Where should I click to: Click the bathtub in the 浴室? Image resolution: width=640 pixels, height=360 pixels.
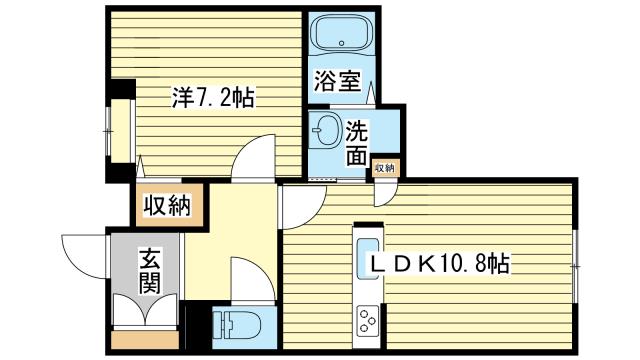tap(341, 35)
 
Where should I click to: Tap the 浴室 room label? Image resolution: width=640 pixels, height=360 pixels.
tap(337, 81)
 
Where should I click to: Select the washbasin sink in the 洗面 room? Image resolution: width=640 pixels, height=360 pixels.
tap(327, 130)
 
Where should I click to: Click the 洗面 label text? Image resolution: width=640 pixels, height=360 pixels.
tap(357, 143)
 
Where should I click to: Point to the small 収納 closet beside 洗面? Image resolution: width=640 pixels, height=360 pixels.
tap(384, 168)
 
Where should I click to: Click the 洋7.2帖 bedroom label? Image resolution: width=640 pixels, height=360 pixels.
tap(213, 98)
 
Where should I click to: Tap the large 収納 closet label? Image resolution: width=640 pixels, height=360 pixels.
tap(167, 206)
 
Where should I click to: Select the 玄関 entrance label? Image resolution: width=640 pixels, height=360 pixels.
tap(150, 271)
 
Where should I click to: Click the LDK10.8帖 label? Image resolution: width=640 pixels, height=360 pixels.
tap(440, 264)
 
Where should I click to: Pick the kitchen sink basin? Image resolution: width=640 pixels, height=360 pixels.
tap(368, 258)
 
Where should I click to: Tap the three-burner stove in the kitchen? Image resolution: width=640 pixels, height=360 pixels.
tap(368, 321)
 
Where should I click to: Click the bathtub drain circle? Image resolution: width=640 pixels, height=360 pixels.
tap(342, 42)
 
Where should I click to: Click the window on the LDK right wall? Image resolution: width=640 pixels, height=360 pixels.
tap(575, 267)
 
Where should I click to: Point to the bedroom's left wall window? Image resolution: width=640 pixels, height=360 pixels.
tap(109, 131)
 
